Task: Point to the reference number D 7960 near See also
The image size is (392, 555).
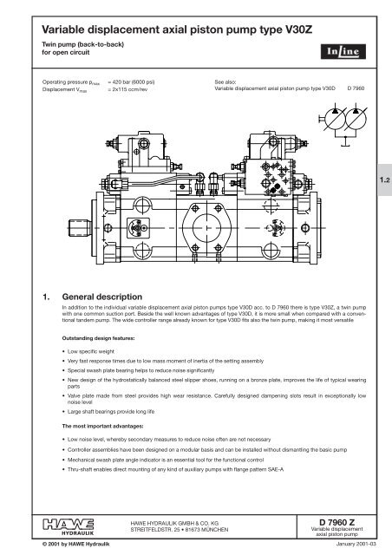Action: [x=359, y=88]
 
